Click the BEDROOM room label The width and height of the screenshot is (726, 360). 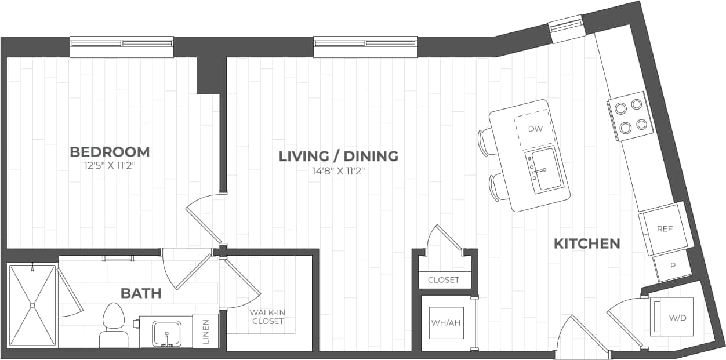110,152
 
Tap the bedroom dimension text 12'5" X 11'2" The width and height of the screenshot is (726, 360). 110,165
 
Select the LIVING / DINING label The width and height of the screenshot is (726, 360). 339,156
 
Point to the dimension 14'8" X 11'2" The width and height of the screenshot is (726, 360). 339,170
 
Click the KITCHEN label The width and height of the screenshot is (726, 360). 587,243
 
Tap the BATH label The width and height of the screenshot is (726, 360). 141,293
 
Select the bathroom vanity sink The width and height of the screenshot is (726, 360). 167,333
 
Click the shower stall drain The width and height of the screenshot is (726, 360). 32,305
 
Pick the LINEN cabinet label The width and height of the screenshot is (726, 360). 206,332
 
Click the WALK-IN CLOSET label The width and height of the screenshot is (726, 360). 267,317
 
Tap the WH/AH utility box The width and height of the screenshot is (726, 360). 446,323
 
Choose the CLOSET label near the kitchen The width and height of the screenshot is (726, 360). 444,280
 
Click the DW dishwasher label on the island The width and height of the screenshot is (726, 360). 535,129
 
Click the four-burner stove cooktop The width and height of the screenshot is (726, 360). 630,116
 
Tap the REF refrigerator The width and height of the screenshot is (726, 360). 665,229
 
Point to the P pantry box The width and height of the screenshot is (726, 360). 673,266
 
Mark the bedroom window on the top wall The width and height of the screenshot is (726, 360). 122,46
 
